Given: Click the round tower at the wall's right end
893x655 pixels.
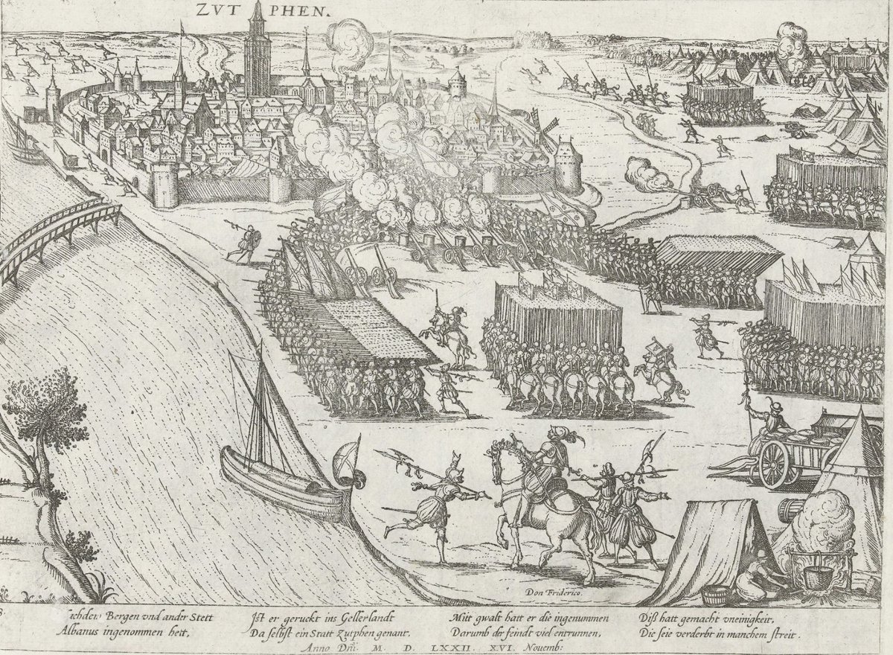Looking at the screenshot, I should point(567,164).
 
